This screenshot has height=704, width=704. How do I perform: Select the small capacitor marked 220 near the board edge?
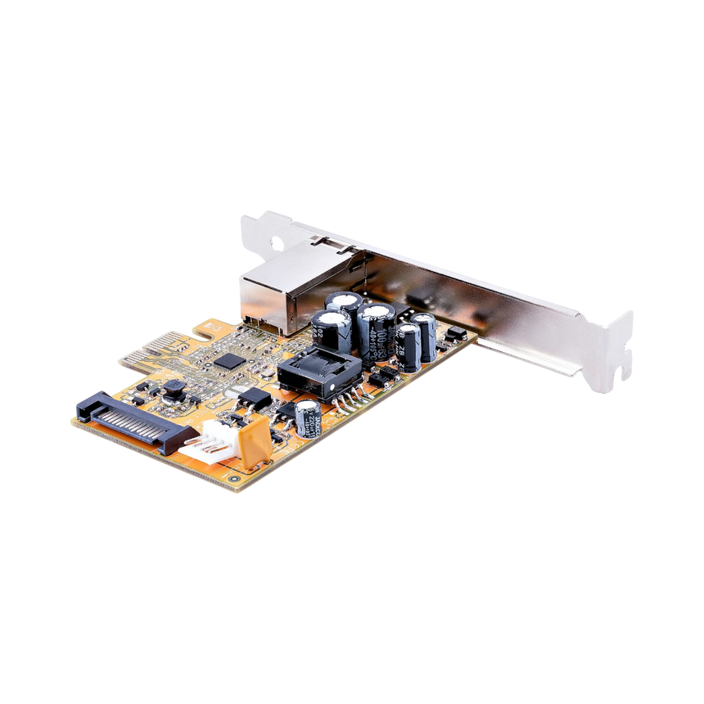click(307, 417)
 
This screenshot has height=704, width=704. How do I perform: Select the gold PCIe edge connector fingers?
click(156, 351)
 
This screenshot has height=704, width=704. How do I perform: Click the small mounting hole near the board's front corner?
click(234, 475)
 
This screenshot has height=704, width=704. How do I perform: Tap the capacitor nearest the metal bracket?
click(424, 336)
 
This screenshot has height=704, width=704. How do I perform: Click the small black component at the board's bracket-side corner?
click(457, 334)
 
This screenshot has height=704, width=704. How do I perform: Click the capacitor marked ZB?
click(407, 346)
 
